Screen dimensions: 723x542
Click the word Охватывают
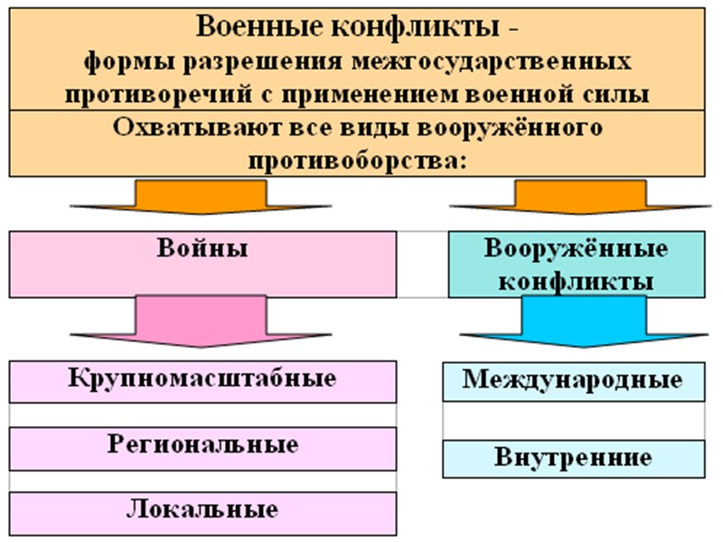pos(198,126)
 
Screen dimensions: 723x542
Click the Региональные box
pos(202,446)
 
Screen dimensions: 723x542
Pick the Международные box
pos(573,380)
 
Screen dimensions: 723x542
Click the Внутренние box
pos(573,458)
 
